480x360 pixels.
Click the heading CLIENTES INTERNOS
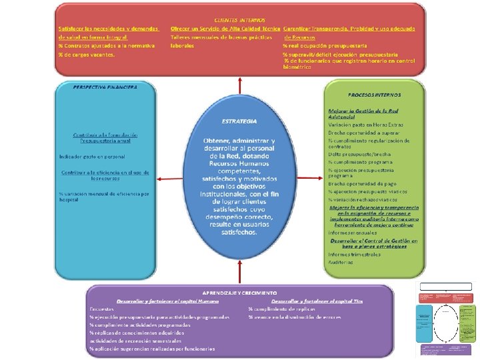pyautogui.click(x=239, y=21)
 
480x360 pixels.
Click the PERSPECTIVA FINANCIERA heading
pyautogui.click(x=105, y=87)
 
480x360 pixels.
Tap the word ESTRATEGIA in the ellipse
pyautogui.click(x=239, y=121)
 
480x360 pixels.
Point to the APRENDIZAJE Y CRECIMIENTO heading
pyautogui.click(x=239, y=293)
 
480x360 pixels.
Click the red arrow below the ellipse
pyautogui.click(x=239, y=273)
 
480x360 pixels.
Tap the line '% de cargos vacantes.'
pyautogui.click(x=86, y=55)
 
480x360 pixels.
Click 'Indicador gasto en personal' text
pyautogui.click(x=92, y=157)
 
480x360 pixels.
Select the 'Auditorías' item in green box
pyautogui.click(x=341, y=262)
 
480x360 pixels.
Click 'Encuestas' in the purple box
pyautogui.click(x=102, y=309)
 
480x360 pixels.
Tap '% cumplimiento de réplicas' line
pyautogui.click(x=282, y=309)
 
